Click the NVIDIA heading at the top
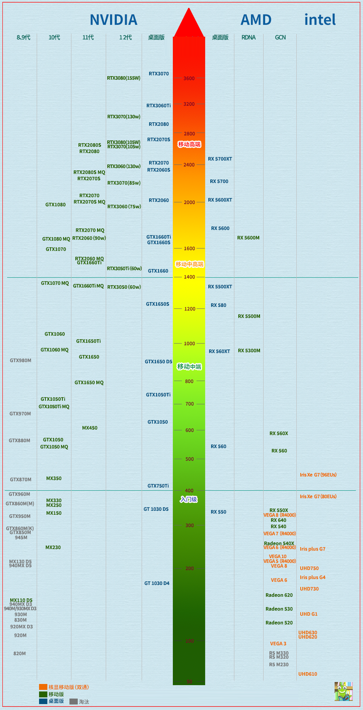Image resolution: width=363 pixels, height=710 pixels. (x=113, y=20)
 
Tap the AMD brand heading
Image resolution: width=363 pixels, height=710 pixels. (x=256, y=20)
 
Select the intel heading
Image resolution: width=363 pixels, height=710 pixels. (x=320, y=20)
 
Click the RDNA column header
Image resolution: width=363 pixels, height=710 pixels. (x=249, y=37)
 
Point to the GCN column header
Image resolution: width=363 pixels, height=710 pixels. (x=280, y=37)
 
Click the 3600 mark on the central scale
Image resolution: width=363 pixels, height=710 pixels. (x=189, y=78)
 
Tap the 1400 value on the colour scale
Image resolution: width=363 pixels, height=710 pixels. (x=189, y=277)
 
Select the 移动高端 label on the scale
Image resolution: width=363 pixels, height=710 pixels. (x=189, y=144)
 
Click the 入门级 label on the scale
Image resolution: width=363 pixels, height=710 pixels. (x=189, y=500)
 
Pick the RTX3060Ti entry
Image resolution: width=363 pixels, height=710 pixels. (x=159, y=106)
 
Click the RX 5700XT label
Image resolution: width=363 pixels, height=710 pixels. (x=220, y=159)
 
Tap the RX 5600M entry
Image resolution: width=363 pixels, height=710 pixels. (x=248, y=238)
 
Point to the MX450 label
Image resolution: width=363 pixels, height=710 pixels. (x=90, y=428)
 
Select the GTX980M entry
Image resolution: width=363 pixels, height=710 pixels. (x=21, y=361)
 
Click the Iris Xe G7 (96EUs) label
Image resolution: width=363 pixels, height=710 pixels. (x=318, y=475)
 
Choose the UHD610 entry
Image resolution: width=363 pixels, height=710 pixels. (x=308, y=674)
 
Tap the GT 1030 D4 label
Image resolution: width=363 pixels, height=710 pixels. (x=157, y=583)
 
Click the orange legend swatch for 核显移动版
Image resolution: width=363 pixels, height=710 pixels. (x=43, y=687)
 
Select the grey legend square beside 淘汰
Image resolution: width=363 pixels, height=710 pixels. (x=73, y=702)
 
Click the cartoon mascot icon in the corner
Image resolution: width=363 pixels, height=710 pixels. (x=343, y=691)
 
